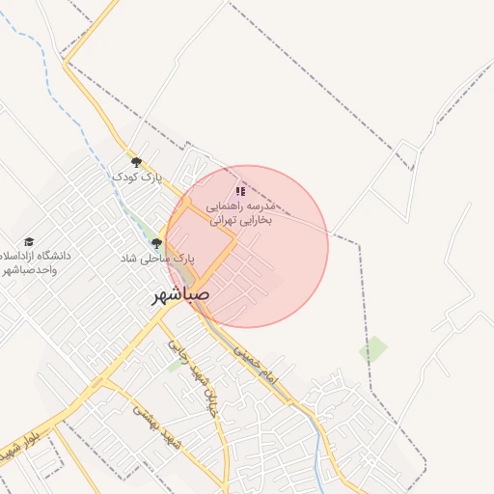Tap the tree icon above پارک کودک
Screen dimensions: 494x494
pyautogui.click(x=136, y=162)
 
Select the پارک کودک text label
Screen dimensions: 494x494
pyautogui.click(x=136, y=178)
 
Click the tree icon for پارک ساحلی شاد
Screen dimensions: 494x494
pyautogui.click(x=156, y=244)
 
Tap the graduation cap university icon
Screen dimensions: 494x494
pyautogui.click(x=29, y=241)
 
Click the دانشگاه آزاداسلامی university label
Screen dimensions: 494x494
pyautogui.click(x=39, y=257)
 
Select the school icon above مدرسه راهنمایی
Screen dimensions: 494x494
pyautogui.click(x=240, y=191)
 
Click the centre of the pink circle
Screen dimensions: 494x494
pyautogui.click(x=247, y=247)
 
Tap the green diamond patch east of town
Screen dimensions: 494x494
pyautogui.click(x=373, y=349)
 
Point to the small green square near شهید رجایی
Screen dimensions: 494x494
pyautogui.click(x=175, y=366)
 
